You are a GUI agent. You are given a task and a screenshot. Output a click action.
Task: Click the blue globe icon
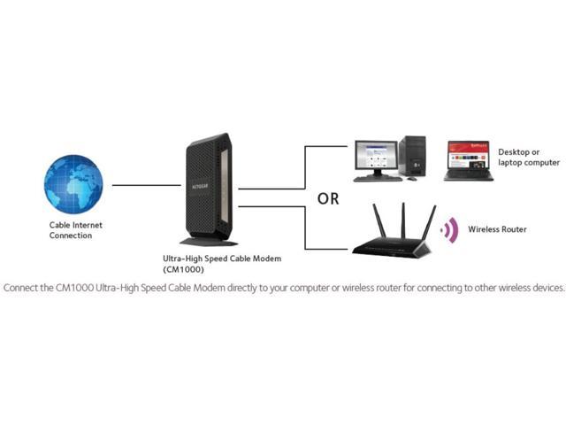pyautogui.click(x=74, y=185)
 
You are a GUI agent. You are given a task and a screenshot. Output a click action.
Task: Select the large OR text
pyautogui.click(x=328, y=199)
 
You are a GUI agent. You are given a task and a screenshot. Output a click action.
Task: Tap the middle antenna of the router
pyautogui.click(x=403, y=220)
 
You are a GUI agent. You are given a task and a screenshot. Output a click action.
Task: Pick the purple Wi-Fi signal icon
pyautogui.click(x=450, y=230)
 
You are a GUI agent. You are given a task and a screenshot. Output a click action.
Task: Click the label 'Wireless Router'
pyautogui.click(x=497, y=229)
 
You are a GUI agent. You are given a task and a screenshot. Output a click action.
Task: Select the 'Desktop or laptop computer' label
pyautogui.click(x=528, y=158)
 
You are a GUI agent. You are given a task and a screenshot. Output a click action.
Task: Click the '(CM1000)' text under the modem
pyautogui.click(x=182, y=268)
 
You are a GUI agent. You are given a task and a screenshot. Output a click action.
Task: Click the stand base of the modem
pyautogui.click(x=209, y=241)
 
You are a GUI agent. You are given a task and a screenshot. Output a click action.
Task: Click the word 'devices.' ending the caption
pyautogui.click(x=545, y=289)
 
